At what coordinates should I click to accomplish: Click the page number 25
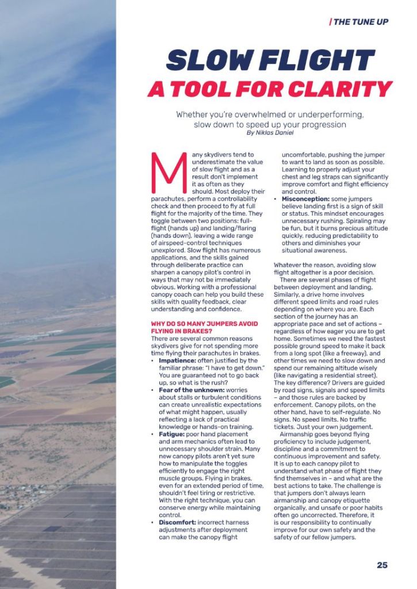382,565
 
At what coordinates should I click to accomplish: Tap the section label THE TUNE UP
361,22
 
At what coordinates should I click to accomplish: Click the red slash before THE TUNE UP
330,22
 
